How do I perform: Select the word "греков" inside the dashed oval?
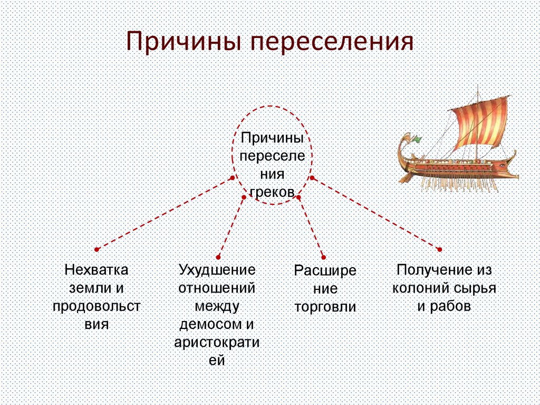pos(272,192)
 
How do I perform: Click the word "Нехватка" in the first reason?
pos(97,270)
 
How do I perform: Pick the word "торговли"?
pos(325,307)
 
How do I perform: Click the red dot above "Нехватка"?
pos(97,249)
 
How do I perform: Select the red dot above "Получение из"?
pos(440,249)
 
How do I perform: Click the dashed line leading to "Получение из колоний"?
pos(375,213)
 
